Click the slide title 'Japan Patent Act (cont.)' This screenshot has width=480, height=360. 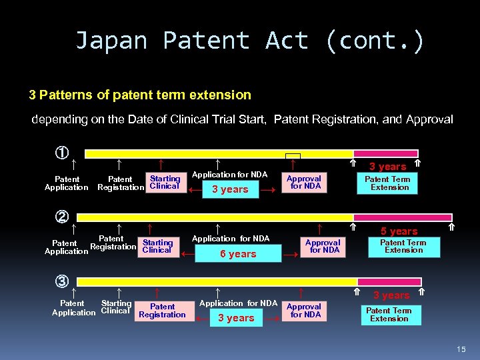[249, 41]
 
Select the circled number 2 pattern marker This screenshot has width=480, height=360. [62, 216]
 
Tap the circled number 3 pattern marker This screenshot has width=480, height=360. [61, 281]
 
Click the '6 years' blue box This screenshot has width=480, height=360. [238, 254]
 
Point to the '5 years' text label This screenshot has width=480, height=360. [399, 231]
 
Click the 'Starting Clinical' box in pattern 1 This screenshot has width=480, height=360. [165, 183]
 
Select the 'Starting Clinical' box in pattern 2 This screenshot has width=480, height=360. [157, 247]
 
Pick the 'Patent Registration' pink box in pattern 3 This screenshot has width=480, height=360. [163, 311]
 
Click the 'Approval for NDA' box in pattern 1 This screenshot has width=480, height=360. [304, 183]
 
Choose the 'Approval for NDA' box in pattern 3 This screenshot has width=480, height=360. [304, 311]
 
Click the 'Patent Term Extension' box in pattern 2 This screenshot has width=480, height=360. [403, 247]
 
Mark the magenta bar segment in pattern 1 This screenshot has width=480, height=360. [385, 153]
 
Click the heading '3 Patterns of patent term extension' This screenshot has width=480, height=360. [140, 95]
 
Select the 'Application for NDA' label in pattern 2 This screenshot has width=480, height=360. [231, 238]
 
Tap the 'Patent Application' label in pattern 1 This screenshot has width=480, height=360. [67, 183]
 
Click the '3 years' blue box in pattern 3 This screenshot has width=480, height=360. [237, 318]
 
